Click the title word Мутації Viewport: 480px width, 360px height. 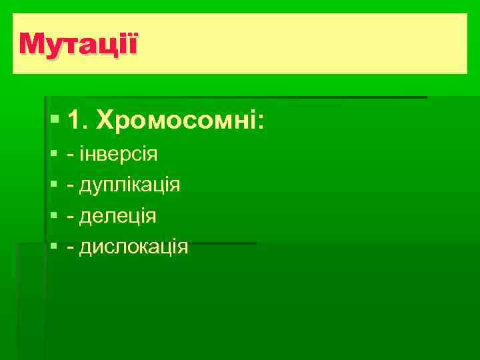tap(79, 45)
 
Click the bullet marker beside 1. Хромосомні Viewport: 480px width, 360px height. tap(54, 121)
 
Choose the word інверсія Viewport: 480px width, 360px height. tap(118, 155)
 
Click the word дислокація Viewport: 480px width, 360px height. tap(134, 247)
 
